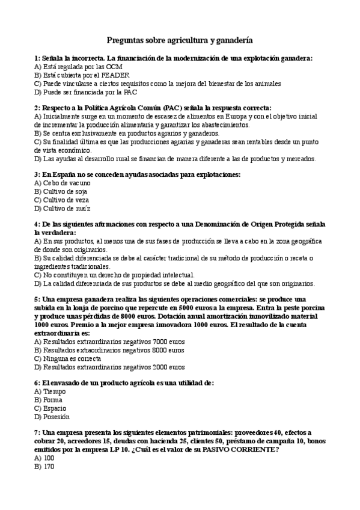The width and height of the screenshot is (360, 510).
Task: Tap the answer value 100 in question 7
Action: (49, 458)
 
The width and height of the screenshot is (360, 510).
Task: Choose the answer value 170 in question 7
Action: (49, 466)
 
